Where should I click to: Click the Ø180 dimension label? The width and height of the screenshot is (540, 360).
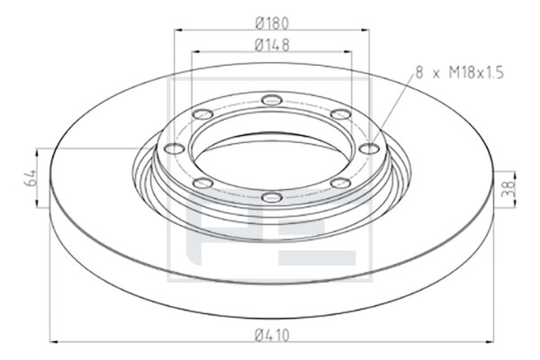coord(272,23)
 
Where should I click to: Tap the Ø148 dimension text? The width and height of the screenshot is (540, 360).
coord(272,45)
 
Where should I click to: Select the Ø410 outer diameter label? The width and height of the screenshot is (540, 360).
coord(272,335)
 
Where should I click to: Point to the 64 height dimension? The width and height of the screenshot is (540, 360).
coord(30,178)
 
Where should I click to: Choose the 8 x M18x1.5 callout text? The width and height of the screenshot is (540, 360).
coord(460,73)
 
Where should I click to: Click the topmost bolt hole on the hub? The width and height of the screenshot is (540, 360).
coord(272,100)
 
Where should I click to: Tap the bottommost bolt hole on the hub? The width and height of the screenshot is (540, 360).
coord(272,198)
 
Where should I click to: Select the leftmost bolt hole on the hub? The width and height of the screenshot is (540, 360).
coord(175,148)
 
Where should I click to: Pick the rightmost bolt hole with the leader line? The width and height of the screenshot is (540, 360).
coord(369,148)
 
